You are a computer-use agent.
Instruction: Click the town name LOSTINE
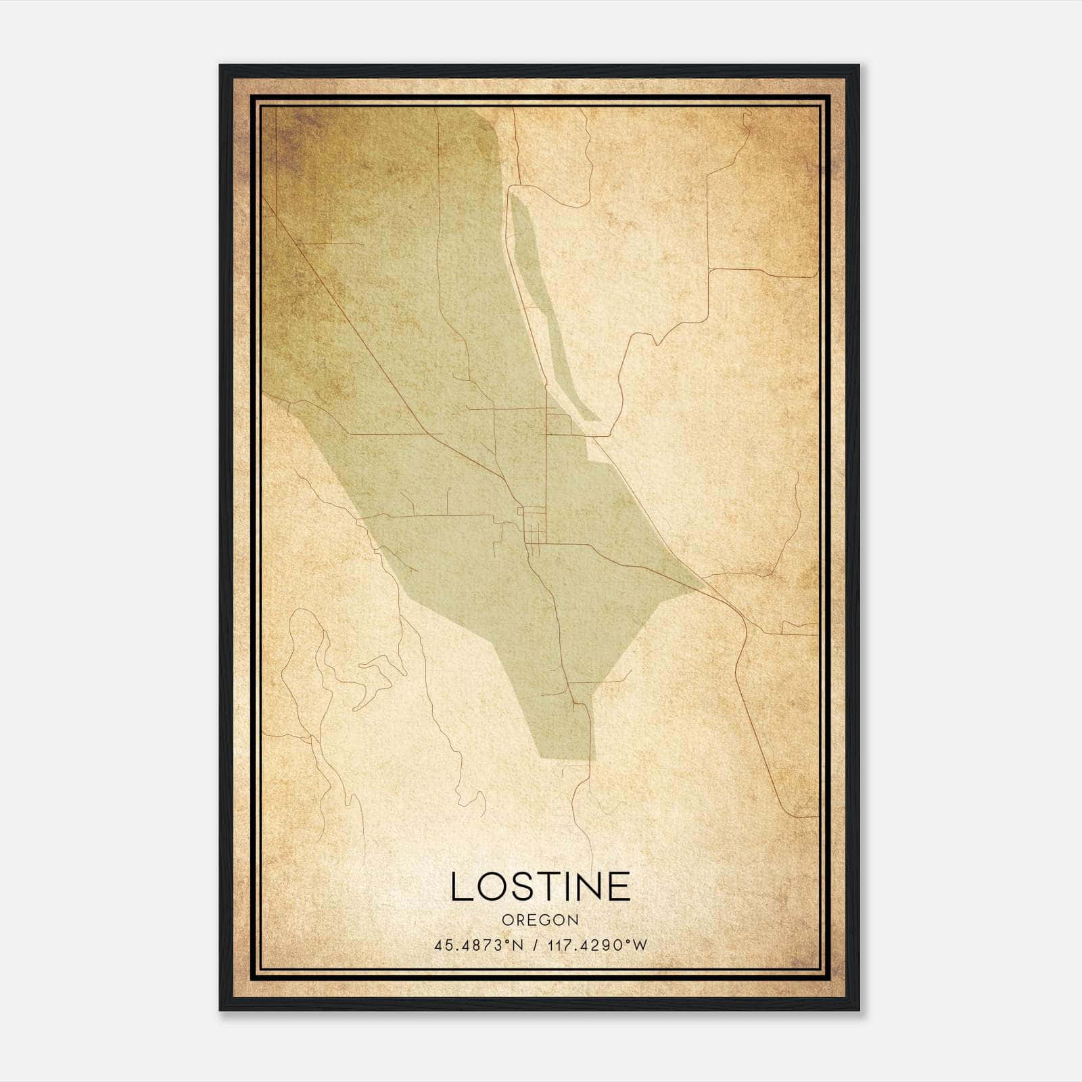[x=540, y=887]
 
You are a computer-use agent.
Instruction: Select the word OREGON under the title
[x=540, y=920]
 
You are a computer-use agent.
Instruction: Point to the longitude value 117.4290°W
[x=598, y=945]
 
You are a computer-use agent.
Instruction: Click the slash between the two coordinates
[x=535, y=945]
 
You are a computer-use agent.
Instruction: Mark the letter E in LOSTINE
[x=618, y=887]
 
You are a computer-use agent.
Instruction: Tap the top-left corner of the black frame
[x=221, y=66]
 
